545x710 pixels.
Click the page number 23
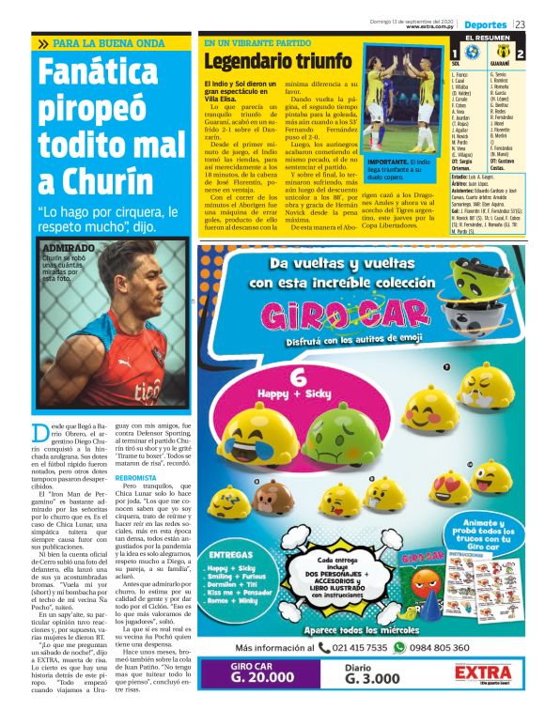click(532, 23)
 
